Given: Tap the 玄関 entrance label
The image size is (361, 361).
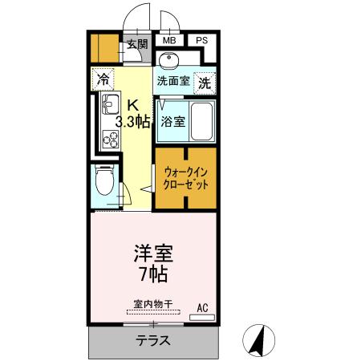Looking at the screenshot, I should [x=136, y=45].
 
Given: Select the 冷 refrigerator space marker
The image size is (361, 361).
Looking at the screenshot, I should [x=103, y=79].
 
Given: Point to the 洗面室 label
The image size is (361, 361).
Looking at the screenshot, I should [x=172, y=81].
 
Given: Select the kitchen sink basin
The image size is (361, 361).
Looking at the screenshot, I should [x=108, y=107].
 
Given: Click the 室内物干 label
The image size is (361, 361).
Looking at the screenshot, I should [x=152, y=305].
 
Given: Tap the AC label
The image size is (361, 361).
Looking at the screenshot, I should [x=202, y=306].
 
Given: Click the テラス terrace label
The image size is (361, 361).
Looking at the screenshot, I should [x=151, y=340].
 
